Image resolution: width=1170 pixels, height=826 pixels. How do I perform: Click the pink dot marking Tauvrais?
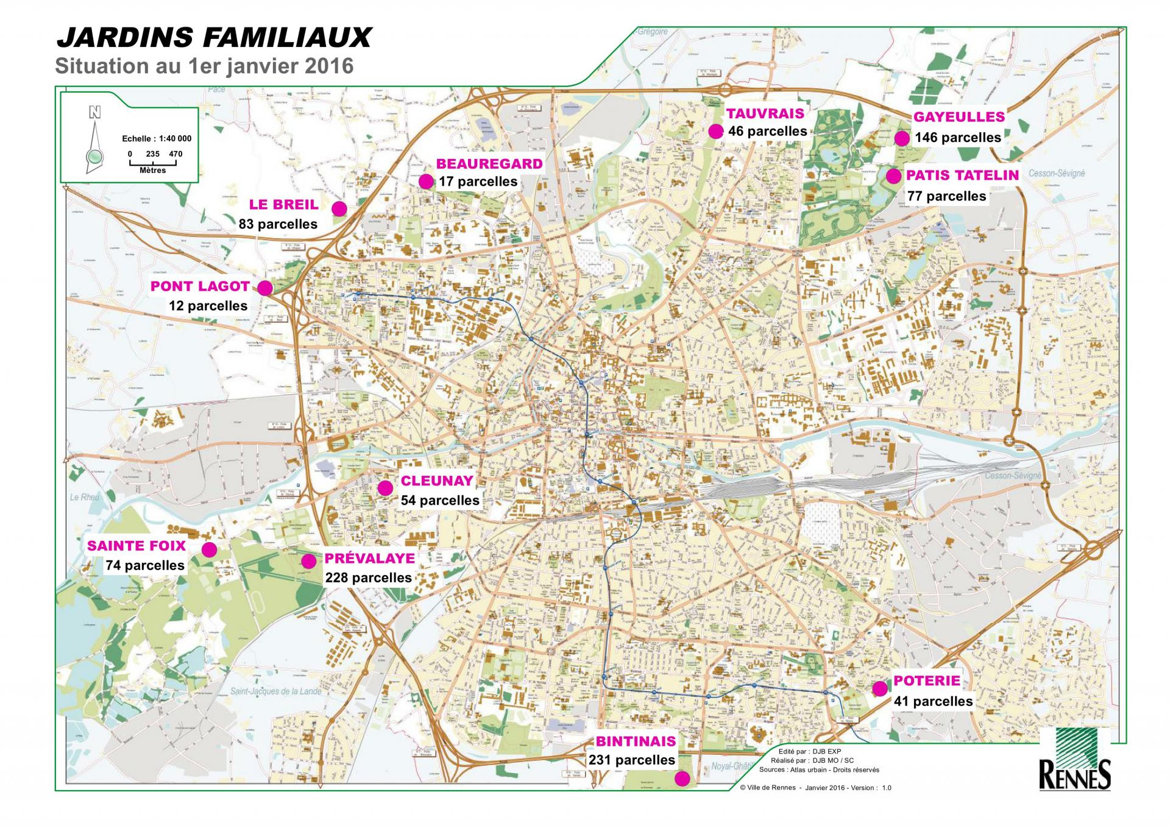click(715, 131)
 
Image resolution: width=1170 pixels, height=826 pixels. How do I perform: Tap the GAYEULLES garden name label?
click(959, 117)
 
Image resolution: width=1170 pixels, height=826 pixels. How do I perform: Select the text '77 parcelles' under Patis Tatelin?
click(946, 196)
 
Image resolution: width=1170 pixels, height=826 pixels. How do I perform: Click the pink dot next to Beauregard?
click(425, 181)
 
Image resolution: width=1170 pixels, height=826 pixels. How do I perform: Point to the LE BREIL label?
click(283, 205)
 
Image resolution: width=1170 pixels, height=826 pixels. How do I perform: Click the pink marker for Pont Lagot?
click(265, 288)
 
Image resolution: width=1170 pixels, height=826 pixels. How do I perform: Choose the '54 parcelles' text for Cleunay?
click(440, 501)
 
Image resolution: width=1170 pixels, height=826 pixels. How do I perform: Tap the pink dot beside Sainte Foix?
click(209, 549)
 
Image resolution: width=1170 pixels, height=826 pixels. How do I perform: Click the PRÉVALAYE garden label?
click(369, 559)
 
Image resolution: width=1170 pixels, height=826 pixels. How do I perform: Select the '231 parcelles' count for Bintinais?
click(631, 760)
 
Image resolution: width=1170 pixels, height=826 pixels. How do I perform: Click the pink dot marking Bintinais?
click(682, 778)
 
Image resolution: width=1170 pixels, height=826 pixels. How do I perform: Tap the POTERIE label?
click(926, 681)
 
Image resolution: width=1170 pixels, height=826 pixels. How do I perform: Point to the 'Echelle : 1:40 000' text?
click(157, 139)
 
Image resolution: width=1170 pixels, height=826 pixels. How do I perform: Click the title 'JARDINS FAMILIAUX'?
click(213, 38)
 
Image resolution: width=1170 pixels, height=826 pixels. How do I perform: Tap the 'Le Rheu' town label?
click(84, 497)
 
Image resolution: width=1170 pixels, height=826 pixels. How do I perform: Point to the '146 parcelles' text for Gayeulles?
click(957, 138)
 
